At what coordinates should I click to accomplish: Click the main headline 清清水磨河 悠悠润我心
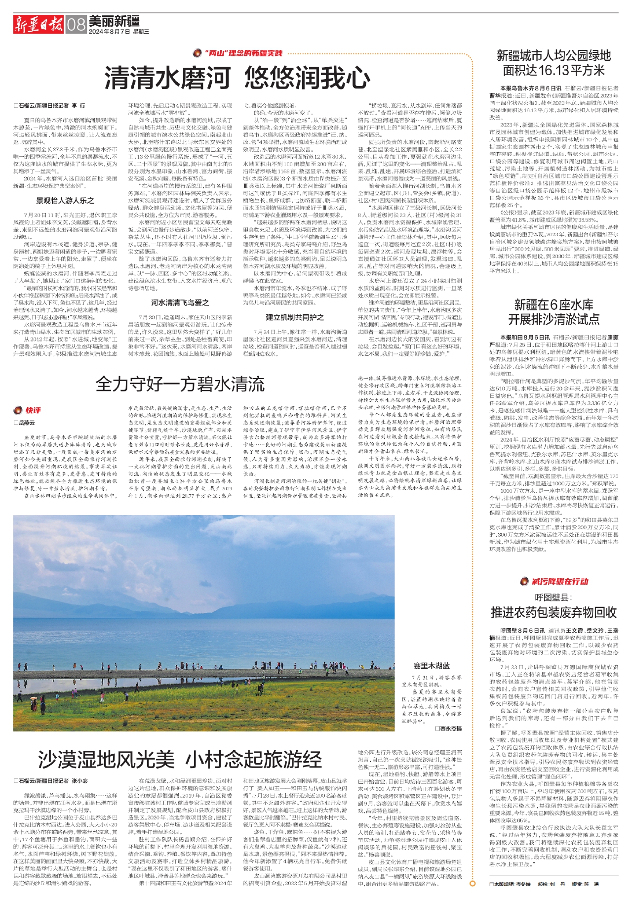[x=237, y=78]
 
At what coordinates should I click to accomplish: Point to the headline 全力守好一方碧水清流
[x=180, y=384]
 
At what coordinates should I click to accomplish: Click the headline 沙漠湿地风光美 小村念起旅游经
[x=180, y=760]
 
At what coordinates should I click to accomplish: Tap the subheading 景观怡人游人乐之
[x=65, y=201]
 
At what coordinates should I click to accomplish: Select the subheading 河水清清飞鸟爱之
[x=180, y=302]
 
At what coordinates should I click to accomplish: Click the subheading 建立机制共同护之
[x=295, y=317]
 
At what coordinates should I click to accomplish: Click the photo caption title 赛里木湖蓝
[x=432, y=666]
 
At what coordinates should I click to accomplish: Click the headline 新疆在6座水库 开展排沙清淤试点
[x=553, y=312]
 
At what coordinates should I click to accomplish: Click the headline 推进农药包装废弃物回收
[x=553, y=612]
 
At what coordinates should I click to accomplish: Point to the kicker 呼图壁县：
[x=553, y=597]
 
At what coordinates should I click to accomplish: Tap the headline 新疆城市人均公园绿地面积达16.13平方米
[x=553, y=63]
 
